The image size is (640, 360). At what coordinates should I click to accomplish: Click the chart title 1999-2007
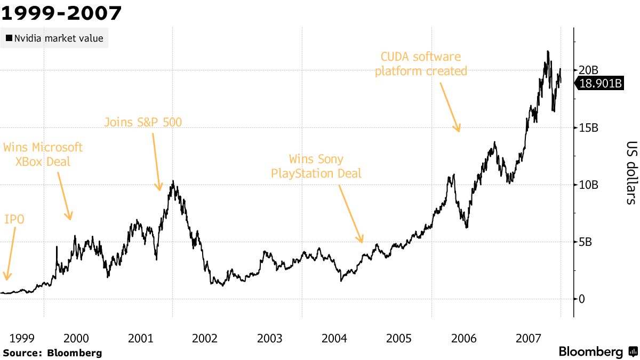pos(61,13)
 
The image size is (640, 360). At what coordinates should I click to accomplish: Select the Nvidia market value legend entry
pos(54,38)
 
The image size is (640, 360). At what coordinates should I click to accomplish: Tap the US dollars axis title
pos(631,172)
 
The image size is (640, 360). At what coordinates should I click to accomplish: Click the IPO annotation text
pos(14,219)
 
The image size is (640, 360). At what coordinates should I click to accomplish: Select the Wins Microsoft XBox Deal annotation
pos(43,154)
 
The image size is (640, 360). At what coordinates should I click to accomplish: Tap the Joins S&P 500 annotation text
pos(143,122)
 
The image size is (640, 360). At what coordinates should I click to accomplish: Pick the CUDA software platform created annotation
pos(421,63)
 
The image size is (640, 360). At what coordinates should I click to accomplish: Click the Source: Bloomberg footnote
pos(52,353)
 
